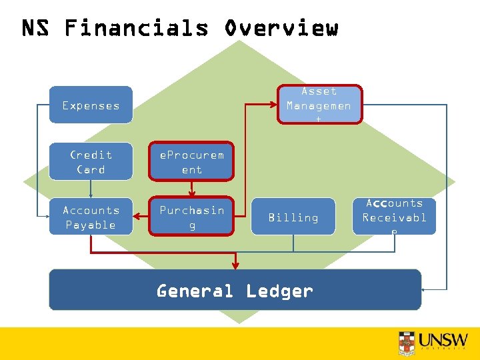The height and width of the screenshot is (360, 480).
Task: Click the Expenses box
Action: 91,105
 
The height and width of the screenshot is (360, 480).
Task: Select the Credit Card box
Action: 91,161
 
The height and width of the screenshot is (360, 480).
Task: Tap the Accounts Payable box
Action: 91,217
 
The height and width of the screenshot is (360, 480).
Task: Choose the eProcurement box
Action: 191,161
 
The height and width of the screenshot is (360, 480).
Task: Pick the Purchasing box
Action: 191,217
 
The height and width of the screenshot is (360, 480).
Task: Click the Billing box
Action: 293,217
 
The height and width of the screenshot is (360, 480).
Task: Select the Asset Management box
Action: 319,104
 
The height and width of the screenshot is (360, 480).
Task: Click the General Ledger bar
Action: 235,291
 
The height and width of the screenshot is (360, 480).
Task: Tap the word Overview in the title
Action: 281,28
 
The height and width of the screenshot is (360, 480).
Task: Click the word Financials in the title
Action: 136,28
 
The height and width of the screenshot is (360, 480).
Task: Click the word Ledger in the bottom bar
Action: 279,291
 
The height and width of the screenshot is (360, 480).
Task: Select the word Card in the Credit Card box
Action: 91,169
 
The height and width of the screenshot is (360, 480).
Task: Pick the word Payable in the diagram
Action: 91,225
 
